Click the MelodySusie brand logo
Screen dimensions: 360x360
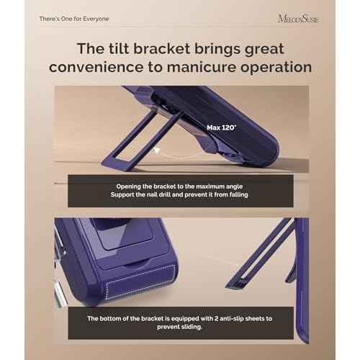[298, 19]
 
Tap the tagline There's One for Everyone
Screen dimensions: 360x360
[74, 19]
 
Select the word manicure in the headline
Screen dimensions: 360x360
[202, 67]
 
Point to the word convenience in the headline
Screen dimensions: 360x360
[96, 68]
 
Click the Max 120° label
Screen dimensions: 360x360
[222, 127]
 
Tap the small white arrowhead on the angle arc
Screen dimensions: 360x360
[156, 150]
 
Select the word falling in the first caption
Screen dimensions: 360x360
[238, 194]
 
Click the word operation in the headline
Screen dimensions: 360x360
[276, 68]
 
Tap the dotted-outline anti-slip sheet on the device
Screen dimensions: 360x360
[140, 282]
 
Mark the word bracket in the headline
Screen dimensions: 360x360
[161, 49]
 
